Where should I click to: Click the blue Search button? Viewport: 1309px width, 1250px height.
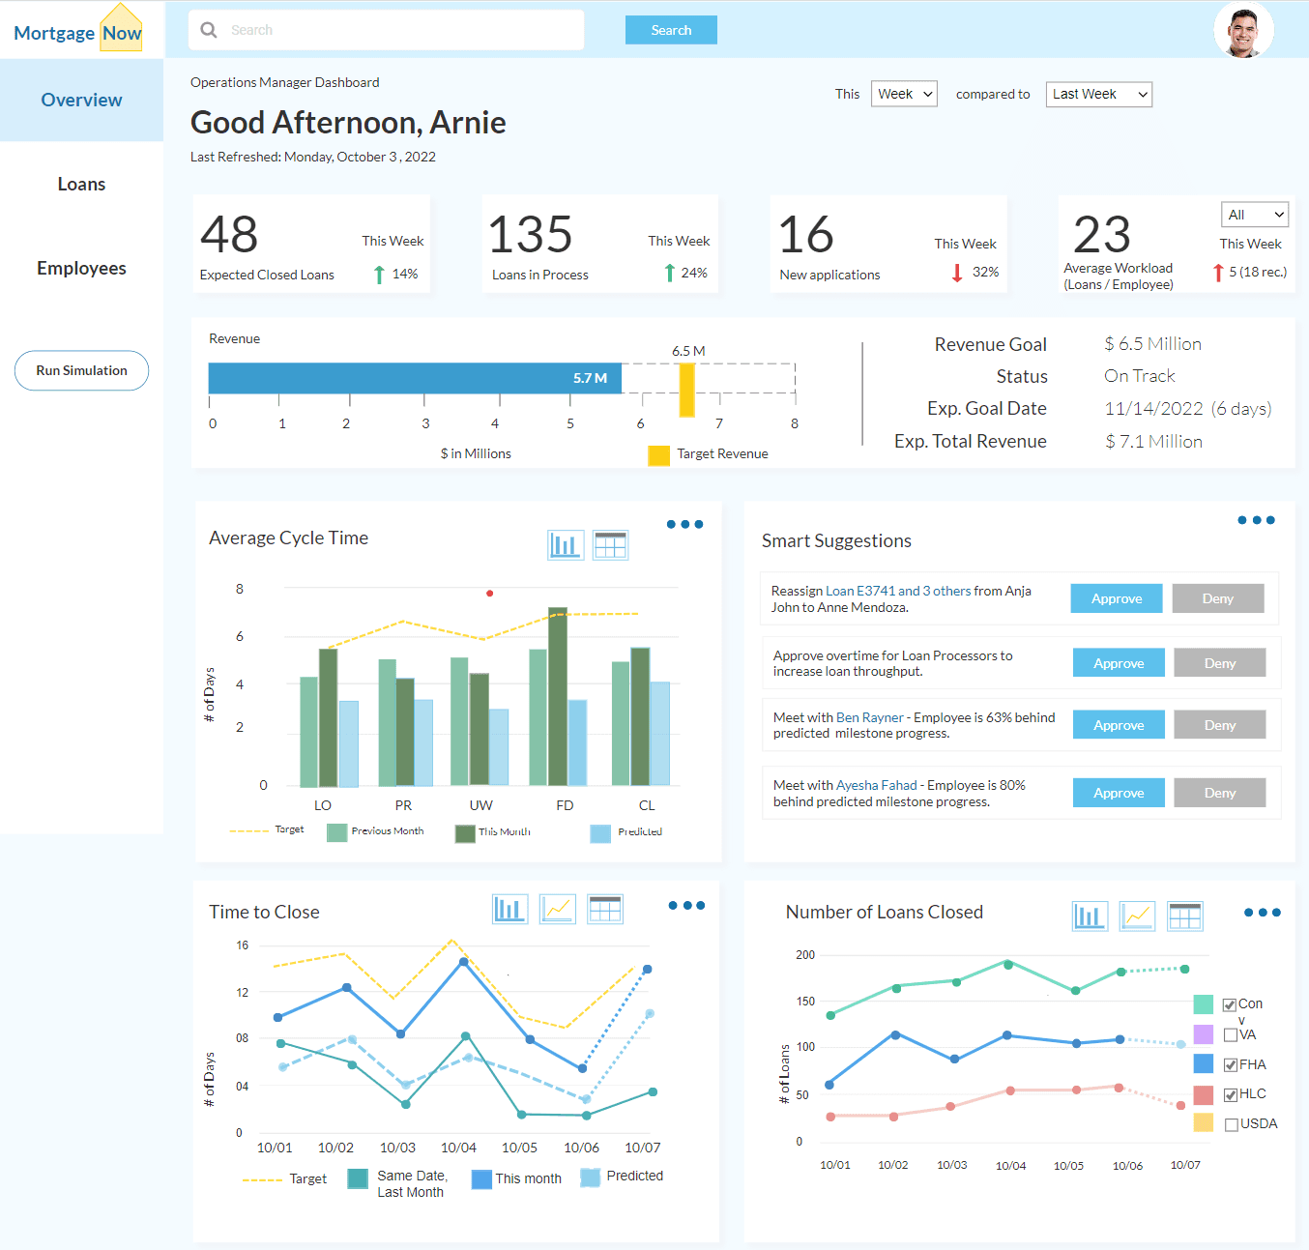pyautogui.click(x=671, y=30)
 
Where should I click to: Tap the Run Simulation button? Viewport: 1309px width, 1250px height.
pyautogui.click(x=81, y=370)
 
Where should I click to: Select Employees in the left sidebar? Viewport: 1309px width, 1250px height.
pyautogui.click(x=81, y=268)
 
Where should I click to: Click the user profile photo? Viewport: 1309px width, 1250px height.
pyautogui.click(x=1243, y=30)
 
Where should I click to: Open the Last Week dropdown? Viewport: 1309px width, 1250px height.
pyautogui.click(x=1098, y=94)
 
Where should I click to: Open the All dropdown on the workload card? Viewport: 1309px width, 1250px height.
pyautogui.click(x=1255, y=215)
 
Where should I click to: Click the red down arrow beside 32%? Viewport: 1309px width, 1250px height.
pyautogui.click(x=956, y=273)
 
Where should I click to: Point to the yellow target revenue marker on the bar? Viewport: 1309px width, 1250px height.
pyautogui.click(x=686, y=391)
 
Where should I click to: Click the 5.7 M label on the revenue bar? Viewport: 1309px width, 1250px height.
pyautogui.click(x=590, y=378)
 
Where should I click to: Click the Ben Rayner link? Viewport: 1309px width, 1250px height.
pyautogui.click(x=870, y=717)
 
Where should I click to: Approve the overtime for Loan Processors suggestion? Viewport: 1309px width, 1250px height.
pyautogui.click(x=1119, y=662)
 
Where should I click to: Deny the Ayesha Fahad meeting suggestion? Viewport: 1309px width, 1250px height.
pyautogui.click(x=1219, y=793)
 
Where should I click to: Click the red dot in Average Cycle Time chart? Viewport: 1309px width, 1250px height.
pyautogui.click(x=490, y=594)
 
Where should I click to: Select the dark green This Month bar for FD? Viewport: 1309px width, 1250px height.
pyautogui.click(x=558, y=697)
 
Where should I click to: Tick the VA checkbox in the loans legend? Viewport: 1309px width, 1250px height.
pyautogui.click(x=1231, y=1034)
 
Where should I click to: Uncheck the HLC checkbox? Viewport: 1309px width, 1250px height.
pyautogui.click(x=1231, y=1094)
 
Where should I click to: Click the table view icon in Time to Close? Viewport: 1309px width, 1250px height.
pyautogui.click(x=605, y=910)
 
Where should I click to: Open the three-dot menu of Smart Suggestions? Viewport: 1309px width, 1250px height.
pyautogui.click(x=1256, y=520)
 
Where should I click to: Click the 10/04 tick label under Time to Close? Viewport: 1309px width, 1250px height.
pyautogui.click(x=459, y=1148)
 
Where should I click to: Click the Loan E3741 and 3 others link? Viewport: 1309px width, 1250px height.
pyautogui.click(x=898, y=591)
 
